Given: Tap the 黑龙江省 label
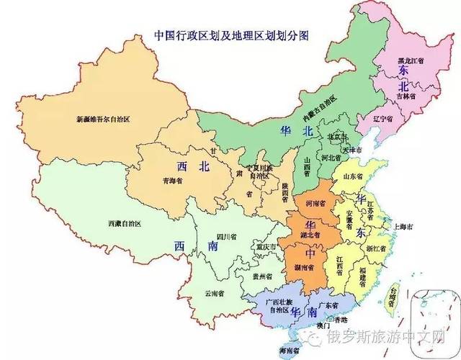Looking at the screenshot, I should tap(413, 60).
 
